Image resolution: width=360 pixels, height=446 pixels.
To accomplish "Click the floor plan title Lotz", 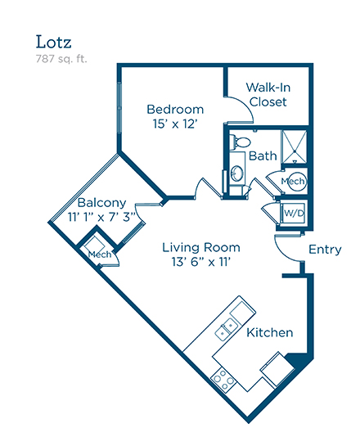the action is pyautogui.click(x=53, y=42).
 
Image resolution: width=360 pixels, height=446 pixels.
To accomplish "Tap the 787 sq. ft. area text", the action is pyautogui.click(x=61, y=59).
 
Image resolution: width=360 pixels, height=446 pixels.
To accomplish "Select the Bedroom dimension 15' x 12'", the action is pyautogui.click(x=175, y=124).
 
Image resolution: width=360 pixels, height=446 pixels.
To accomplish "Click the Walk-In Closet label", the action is pyautogui.click(x=268, y=94).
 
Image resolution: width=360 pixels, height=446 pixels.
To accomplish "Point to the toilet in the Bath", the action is pyautogui.click(x=240, y=142).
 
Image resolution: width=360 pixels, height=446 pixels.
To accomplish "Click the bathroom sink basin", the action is pyautogui.click(x=237, y=173).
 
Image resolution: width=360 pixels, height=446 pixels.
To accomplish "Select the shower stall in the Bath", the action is pyautogui.click(x=294, y=146).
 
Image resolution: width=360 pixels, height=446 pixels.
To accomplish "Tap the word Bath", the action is pyautogui.click(x=263, y=155).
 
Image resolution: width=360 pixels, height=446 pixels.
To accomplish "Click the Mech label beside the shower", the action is pyautogui.click(x=293, y=181).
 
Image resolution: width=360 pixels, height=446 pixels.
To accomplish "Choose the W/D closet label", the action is pyautogui.click(x=294, y=213).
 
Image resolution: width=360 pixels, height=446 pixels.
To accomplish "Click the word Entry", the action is pyautogui.click(x=325, y=250).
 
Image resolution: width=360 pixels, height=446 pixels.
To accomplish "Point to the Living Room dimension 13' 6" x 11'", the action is pyautogui.click(x=200, y=262).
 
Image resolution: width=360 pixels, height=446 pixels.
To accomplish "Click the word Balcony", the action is pyautogui.click(x=101, y=203).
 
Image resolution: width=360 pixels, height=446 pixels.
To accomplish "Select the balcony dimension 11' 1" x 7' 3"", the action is pyautogui.click(x=102, y=217).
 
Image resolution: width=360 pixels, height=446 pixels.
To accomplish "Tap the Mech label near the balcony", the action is pyautogui.click(x=100, y=255).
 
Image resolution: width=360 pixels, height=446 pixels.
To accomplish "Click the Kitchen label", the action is pyautogui.click(x=269, y=332).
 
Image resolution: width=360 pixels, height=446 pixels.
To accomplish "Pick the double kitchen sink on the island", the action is pyautogui.click(x=226, y=328).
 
